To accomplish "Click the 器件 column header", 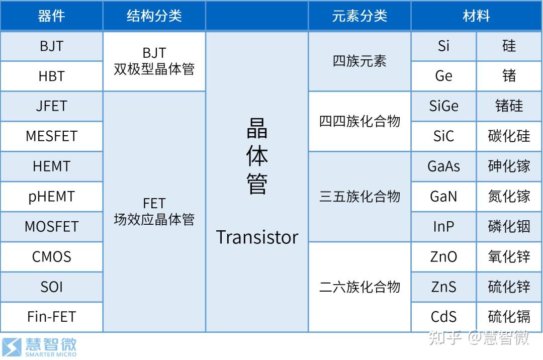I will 51,16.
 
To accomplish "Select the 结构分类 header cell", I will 154,16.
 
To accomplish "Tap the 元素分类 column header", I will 359,16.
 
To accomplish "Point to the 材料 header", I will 476,16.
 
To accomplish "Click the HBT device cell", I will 51,76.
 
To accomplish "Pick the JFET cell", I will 51,106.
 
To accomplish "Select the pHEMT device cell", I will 51,197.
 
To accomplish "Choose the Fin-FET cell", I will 51,317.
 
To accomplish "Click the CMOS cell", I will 51,257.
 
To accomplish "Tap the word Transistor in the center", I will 257,237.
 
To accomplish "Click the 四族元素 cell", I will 359,61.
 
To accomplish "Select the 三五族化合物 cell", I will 359,196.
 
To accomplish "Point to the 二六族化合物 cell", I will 359,287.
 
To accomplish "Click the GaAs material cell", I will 443,166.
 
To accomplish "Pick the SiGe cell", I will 443,106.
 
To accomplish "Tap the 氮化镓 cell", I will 509,197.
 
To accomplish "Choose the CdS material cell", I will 443,317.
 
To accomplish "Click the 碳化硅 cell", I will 509,136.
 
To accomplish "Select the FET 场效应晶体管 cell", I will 154,211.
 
